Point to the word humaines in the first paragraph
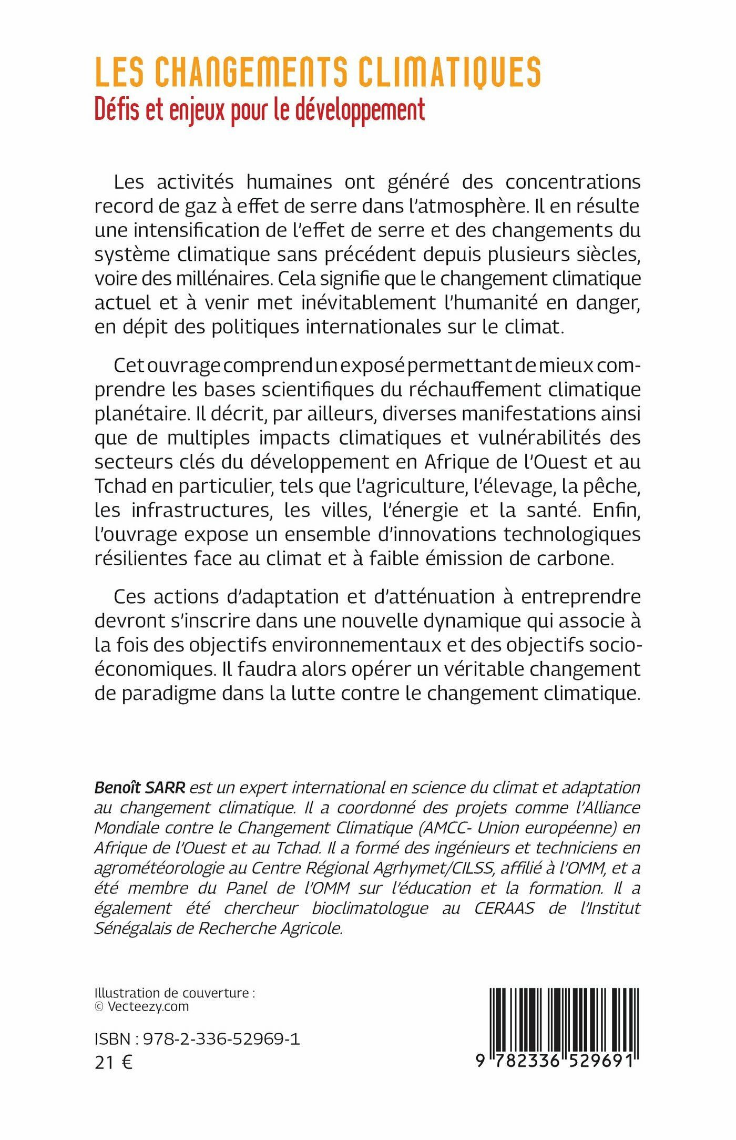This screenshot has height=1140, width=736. pos(289,182)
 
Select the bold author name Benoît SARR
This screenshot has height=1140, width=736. pos(140,788)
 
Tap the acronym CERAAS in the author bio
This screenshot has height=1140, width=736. pos(504,908)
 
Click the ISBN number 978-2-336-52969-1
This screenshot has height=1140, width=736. pos(221,1039)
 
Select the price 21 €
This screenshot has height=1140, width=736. pos(113,1063)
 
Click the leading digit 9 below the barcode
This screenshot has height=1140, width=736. pos(481,1061)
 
